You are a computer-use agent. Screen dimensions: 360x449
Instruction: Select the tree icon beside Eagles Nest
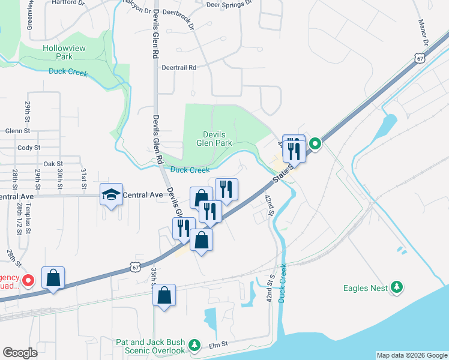click(396, 288)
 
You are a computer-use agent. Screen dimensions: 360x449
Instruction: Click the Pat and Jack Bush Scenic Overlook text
click(151, 346)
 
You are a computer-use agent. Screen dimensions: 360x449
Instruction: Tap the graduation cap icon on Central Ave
click(111, 194)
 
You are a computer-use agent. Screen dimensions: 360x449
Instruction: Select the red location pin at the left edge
click(28, 280)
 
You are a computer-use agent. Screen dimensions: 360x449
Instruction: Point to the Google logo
click(20, 353)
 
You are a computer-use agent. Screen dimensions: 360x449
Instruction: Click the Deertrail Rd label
click(179, 68)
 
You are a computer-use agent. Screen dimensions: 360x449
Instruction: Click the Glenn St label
click(17, 130)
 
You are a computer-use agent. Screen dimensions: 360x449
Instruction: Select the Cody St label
click(29, 147)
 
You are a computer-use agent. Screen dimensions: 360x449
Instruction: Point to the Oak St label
click(53, 163)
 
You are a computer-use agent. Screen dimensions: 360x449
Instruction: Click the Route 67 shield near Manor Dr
click(419, 58)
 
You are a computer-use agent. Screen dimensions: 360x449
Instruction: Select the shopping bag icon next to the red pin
click(53, 278)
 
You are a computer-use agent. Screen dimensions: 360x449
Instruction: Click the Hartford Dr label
click(66, 2)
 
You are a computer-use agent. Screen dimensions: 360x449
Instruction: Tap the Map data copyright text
click(412, 355)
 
